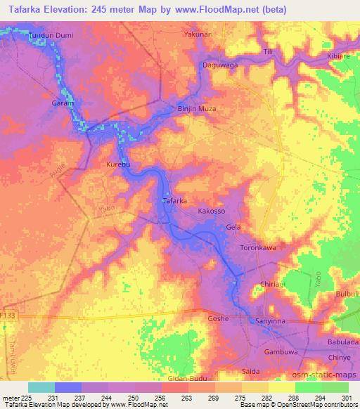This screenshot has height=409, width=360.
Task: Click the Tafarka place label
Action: pyautogui.click(x=174, y=201)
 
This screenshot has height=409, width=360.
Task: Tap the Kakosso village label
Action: pyautogui.click(x=212, y=211)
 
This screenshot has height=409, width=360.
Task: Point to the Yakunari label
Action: pyautogui.click(x=198, y=33)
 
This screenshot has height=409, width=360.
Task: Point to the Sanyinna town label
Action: pyautogui.click(x=271, y=320)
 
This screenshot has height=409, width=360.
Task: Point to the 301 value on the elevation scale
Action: pyautogui.click(x=345, y=398)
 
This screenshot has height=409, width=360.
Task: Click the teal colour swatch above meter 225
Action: pyautogui.click(x=41, y=387)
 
